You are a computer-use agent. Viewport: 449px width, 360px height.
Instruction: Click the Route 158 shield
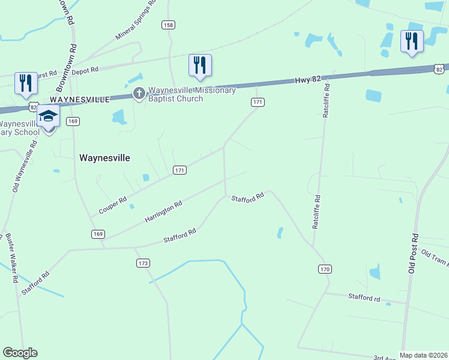click(x=169, y=25)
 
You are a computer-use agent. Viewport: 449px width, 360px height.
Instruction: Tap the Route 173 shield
click(x=143, y=263)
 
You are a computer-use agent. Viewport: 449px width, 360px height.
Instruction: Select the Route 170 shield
click(x=325, y=269)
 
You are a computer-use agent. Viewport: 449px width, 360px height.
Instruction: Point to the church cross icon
click(x=139, y=94)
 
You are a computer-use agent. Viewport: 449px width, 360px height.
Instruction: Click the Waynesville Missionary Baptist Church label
click(x=191, y=94)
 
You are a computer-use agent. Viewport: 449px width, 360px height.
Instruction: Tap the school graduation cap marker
click(x=49, y=116)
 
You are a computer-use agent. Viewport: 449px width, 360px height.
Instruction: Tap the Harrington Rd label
click(x=163, y=213)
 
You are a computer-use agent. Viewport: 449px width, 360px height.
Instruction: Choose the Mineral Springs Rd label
click(x=136, y=21)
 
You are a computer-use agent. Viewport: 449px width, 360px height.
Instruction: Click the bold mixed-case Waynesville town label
click(x=104, y=157)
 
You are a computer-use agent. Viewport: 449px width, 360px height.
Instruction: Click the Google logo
click(x=20, y=353)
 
